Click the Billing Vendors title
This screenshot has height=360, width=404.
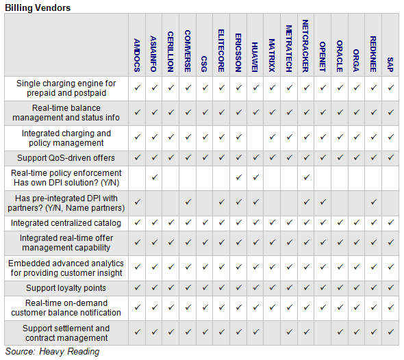[x=38, y=8]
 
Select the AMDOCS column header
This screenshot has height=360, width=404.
[x=137, y=55]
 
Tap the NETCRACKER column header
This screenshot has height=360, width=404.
[x=305, y=46]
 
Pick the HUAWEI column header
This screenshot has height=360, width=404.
[x=255, y=57]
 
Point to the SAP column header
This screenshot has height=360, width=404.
[x=390, y=64]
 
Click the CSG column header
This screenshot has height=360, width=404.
[x=204, y=64]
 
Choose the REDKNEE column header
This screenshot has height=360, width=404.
[x=373, y=54]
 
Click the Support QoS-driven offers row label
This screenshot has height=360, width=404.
[x=66, y=158]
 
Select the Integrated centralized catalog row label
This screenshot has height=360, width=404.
[x=66, y=223]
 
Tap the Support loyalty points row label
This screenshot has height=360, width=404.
[x=66, y=288]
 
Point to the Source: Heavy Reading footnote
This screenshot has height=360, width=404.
[x=52, y=352]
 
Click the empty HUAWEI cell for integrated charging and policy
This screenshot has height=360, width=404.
[x=255, y=138]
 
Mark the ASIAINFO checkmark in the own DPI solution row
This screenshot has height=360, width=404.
[x=154, y=177]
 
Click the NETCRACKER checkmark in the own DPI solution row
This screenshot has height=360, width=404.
[x=306, y=177]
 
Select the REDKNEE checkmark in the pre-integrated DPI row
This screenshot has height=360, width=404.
[x=374, y=202]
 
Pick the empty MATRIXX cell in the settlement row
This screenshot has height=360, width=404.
[x=272, y=333]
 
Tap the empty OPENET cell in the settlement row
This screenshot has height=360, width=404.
[x=323, y=333]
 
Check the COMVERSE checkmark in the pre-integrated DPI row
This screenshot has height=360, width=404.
[x=188, y=202]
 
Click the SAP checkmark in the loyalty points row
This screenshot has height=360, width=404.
[x=390, y=287]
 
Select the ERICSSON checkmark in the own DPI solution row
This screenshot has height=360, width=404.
[x=238, y=177]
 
